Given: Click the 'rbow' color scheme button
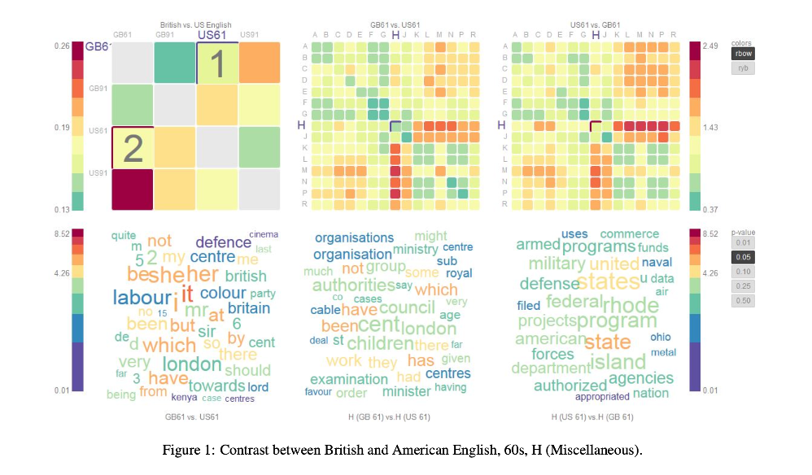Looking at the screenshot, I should [741, 54].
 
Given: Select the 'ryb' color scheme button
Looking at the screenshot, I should [741, 68].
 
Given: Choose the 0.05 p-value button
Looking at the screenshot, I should [741, 257].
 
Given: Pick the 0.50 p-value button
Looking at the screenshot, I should [741, 301].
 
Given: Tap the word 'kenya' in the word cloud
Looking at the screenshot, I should [183, 398].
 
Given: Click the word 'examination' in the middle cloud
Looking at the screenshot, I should [349, 379].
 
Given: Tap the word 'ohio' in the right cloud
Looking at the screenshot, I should [660, 337].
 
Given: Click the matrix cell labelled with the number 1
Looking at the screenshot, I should [216, 63].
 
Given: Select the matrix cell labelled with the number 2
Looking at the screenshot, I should [132, 147].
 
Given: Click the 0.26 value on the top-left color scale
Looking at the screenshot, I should [62, 47].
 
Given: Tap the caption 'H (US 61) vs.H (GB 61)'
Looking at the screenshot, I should [592, 417].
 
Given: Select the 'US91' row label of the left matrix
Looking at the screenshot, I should [98, 173].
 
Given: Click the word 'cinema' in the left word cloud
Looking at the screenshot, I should [263, 235].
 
